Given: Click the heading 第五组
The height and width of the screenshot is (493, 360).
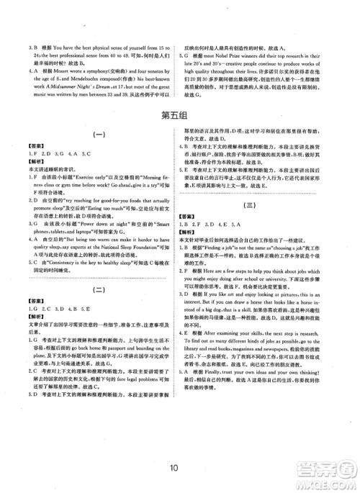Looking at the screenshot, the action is point(180,117).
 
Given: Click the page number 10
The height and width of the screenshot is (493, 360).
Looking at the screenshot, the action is point(180,465).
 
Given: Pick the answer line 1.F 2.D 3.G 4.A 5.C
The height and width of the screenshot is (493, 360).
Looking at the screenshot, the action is point(55,154).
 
